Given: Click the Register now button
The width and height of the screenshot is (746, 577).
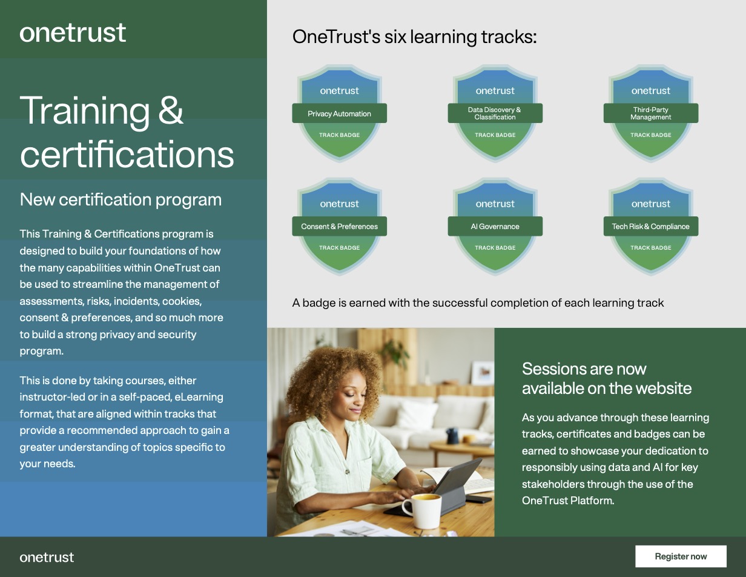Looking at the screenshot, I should [x=681, y=556].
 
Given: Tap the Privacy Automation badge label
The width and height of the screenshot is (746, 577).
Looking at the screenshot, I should [x=339, y=113].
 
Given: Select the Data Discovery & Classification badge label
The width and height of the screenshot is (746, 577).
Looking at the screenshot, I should [x=495, y=113].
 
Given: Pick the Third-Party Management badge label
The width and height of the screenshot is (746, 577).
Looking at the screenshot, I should [x=650, y=113].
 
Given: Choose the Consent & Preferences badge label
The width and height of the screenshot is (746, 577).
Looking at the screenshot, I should [x=339, y=226].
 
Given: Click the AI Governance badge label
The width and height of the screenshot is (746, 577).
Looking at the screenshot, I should [x=495, y=226].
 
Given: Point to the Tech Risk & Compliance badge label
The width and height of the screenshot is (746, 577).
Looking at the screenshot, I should [x=650, y=226].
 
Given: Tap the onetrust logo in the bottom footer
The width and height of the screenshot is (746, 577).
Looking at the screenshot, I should [x=47, y=557].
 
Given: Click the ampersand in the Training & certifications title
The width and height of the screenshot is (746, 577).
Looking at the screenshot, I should [x=171, y=110].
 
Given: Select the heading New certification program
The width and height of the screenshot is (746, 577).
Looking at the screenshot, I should [x=120, y=199].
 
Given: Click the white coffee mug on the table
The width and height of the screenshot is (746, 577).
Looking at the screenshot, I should [x=421, y=510].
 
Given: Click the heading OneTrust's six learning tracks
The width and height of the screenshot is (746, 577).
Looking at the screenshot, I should [x=414, y=37].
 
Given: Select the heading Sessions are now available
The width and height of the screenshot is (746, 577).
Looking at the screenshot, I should [x=606, y=378].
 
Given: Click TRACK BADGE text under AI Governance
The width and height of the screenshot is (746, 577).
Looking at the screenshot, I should [x=495, y=248].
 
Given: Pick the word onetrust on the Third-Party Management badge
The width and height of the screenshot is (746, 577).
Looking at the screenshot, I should [x=650, y=91].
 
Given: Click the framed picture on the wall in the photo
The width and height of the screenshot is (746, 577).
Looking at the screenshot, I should [x=483, y=372].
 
